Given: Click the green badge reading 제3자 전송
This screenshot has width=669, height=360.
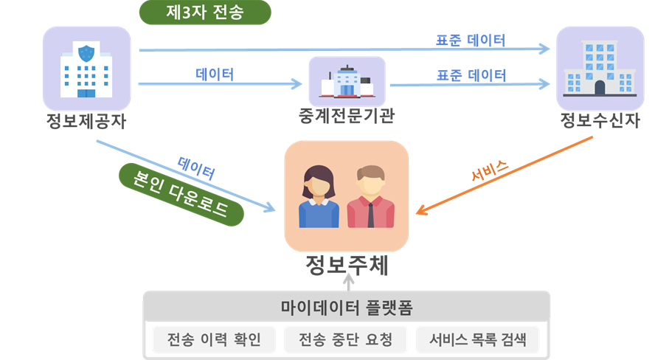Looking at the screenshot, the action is pos(205,12).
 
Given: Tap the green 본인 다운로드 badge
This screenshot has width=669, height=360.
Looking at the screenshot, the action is pos(181,194).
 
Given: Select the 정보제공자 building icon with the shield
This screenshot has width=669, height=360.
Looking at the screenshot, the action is pos(86,69).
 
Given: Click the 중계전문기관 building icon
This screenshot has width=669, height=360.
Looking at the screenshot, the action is pos(347,81).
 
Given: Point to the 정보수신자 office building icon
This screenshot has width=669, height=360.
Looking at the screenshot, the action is pos(600,69).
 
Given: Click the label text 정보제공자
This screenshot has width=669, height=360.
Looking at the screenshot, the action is pos(86,121).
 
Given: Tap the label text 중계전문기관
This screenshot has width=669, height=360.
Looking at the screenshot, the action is pos(347,116).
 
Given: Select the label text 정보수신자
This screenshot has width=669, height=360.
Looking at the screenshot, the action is pos(600,120).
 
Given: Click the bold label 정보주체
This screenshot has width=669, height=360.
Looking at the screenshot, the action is pos(347,265).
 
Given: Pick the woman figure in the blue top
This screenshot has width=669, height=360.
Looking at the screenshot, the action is pos(319,197).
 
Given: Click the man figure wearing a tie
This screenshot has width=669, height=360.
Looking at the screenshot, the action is pos(371,197).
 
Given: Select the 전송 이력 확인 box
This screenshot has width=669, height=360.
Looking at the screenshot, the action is pos(214,339).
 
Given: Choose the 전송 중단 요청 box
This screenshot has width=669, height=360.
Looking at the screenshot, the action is pos(346,339).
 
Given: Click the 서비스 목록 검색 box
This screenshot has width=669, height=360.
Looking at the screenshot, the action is pos(477,339).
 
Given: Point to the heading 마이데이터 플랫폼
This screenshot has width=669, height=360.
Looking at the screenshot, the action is pos(347,308).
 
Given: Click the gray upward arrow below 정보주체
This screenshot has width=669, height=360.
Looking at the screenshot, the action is pos(349,283).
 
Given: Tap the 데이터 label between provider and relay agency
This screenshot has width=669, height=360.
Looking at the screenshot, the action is pos(215,75).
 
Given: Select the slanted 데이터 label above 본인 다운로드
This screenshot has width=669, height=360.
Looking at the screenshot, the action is pos(196,168).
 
